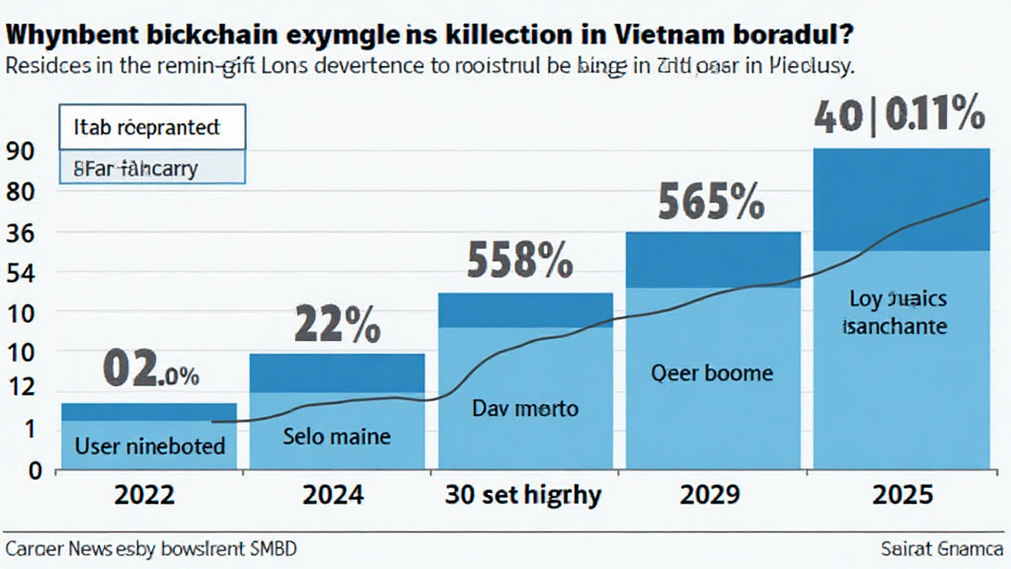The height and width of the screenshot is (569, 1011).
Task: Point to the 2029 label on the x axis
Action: [x=712, y=495]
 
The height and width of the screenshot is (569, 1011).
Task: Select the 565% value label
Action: [x=710, y=203]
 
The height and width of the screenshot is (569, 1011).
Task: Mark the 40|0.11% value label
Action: [x=898, y=117]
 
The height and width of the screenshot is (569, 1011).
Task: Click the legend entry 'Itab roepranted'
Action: [x=146, y=127]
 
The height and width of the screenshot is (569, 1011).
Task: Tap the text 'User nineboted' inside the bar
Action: [x=150, y=446]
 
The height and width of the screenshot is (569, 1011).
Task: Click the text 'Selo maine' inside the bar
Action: [x=337, y=436]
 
